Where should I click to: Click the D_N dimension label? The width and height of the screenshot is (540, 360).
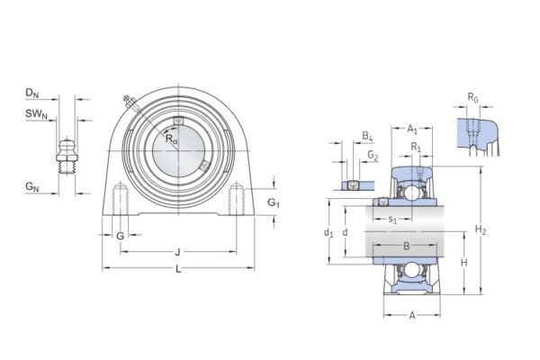pyautogui.click(x=31, y=93)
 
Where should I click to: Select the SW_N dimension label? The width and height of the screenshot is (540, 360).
pyautogui.click(x=33, y=113)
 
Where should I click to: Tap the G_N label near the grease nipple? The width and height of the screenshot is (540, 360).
pyautogui.click(x=31, y=187)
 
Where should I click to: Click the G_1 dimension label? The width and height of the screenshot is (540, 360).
pyautogui.click(x=274, y=204)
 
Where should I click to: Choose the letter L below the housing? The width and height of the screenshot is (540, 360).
pyautogui.click(x=177, y=270)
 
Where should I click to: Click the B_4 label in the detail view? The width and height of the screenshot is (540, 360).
pyautogui.click(x=367, y=136)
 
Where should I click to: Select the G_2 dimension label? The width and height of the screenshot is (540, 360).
pyautogui.click(x=373, y=155)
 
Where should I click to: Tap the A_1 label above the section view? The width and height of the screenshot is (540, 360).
pyautogui.click(x=411, y=129)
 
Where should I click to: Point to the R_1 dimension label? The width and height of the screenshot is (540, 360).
pyautogui.click(x=416, y=146)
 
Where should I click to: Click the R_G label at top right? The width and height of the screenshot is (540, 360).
pyautogui.click(x=472, y=96)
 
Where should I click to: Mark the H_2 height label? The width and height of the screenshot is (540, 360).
pyautogui.click(x=481, y=230)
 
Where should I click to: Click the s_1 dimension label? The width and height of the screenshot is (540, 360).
pyautogui.click(x=392, y=220)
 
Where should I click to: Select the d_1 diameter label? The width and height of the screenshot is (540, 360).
pyautogui.click(x=329, y=233)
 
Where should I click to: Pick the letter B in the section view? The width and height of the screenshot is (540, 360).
pyautogui.click(x=406, y=245)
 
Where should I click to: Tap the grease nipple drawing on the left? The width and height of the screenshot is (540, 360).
pyautogui.click(x=65, y=153)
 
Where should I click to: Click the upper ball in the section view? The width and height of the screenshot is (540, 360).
pyautogui.click(x=411, y=192)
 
